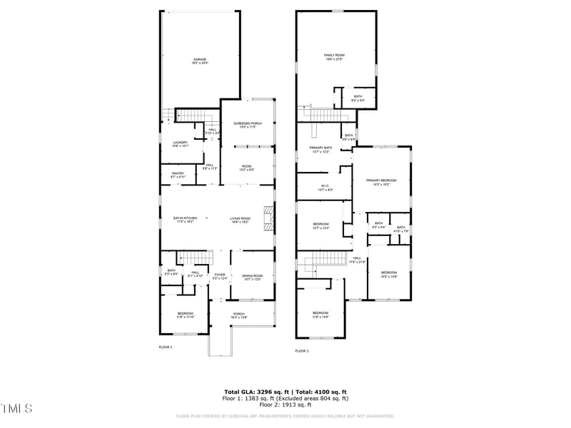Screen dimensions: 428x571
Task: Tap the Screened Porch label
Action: pyautogui.click(x=247, y=125)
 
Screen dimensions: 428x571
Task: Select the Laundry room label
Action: pyautogui.click(x=180, y=143)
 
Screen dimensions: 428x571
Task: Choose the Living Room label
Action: pyautogui.click(x=240, y=220)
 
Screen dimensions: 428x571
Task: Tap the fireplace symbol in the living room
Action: pyautogui.click(x=267, y=218)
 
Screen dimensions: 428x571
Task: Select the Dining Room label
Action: pyautogui.click(x=253, y=277)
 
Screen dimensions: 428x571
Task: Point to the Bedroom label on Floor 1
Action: pyautogui.click(x=185, y=315)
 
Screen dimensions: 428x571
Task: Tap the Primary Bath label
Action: pyautogui.click(x=319, y=150)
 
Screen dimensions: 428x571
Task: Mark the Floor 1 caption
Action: pyautogui.click(x=166, y=347)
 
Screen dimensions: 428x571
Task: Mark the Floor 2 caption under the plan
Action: pyautogui.click(x=302, y=351)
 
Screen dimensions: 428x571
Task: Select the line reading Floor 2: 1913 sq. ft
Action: pyautogui.click(x=285, y=404)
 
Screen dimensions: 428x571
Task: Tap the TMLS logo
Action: pyautogui.click(x=17, y=409)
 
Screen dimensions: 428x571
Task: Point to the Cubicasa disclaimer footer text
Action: pyautogui.click(x=285, y=416)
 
